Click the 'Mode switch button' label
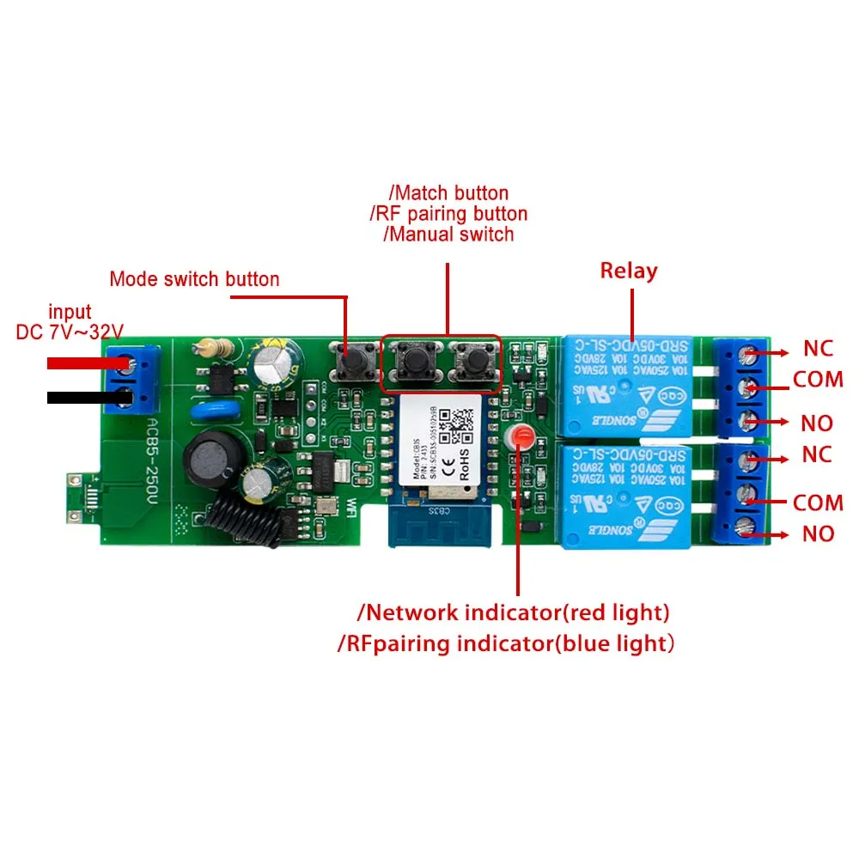pyautogui.click(x=194, y=279)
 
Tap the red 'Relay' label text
pyautogui.click(x=629, y=271)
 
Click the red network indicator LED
pyautogui.click(x=518, y=437)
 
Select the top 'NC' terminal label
pyautogui.click(x=818, y=348)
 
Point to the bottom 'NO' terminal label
pyautogui.click(x=818, y=533)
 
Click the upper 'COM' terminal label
pyautogui.click(x=818, y=379)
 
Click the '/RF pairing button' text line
pyautogui.click(x=448, y=213)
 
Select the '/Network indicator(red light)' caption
pyautogui.click(x=514, y=612)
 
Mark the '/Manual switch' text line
pyautogui.click(x=448, y=234)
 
